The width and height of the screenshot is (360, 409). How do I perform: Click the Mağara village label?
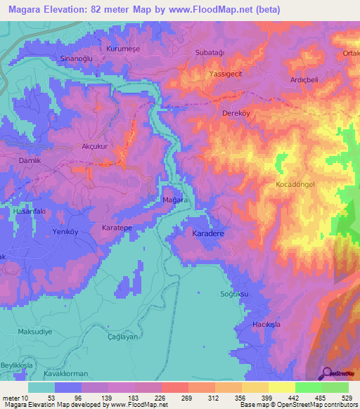coord(174,200)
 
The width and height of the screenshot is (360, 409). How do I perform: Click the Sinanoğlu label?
coord(78,59)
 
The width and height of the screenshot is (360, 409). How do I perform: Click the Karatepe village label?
coord(120,229)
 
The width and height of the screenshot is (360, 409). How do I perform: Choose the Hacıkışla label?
coord(266,326)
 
